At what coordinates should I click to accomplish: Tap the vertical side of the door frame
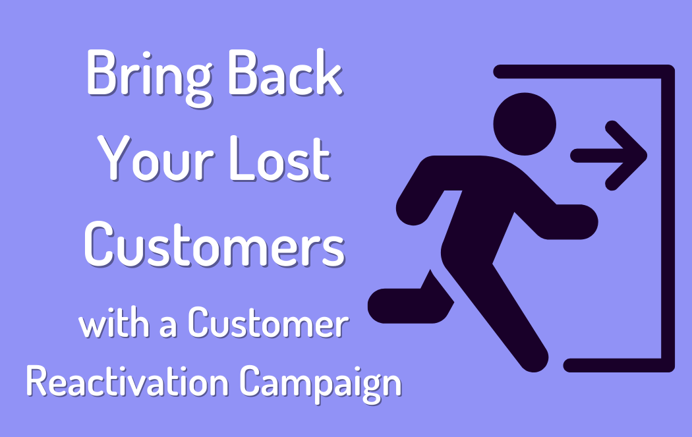pos(668,218)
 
